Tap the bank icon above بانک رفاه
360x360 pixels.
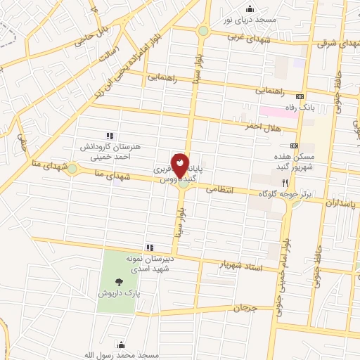pyautogui.click(x=301, y=96)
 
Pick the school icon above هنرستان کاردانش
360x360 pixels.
pyautogui.click(x=109, y=136)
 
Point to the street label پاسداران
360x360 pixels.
pyautogui.click(x=342, y=201)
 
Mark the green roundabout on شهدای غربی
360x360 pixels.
pyautogui.click(x=203, y=31)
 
